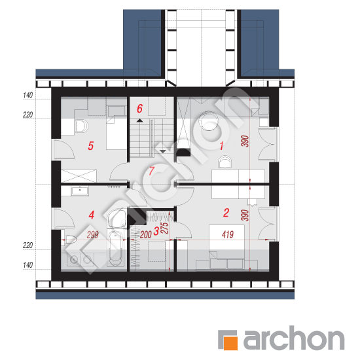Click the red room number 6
139,109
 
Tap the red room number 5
91,146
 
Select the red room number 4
92,215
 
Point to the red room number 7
152,171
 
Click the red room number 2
226,213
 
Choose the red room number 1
221,146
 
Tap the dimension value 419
228,234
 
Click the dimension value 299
92,234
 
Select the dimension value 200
146,234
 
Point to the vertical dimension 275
165,228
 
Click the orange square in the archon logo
230,343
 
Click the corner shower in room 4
117,218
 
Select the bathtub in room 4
115,248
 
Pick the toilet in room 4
69,239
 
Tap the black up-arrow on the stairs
139,120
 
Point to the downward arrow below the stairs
163,151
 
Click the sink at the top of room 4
80,191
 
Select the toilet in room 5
82,126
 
